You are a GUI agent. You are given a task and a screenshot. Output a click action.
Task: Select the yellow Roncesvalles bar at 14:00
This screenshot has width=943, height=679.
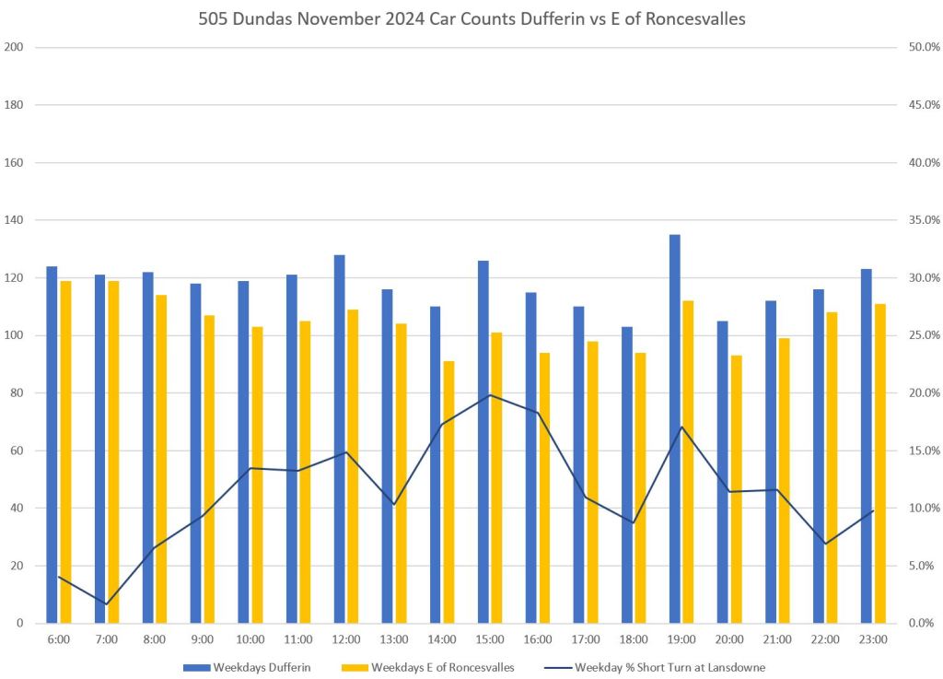448,492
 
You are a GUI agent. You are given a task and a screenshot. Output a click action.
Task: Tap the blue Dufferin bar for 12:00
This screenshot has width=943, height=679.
339,439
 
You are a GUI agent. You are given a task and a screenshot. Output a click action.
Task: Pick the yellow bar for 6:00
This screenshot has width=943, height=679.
65,451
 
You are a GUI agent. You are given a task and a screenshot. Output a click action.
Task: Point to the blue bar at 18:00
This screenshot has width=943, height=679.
627,474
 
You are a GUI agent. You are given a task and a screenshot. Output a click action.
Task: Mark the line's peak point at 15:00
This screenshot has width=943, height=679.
490,395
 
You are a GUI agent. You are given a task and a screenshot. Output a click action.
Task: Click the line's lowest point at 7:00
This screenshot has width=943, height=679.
106,604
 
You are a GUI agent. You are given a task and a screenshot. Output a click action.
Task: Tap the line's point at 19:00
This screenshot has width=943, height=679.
681,427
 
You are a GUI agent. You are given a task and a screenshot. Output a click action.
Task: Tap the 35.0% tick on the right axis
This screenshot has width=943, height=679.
922,220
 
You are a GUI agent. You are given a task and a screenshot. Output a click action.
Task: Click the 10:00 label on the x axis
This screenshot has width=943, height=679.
250,638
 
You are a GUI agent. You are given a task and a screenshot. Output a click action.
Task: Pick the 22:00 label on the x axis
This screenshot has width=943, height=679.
824,638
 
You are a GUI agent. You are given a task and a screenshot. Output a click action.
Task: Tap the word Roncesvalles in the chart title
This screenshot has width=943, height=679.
691,18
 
